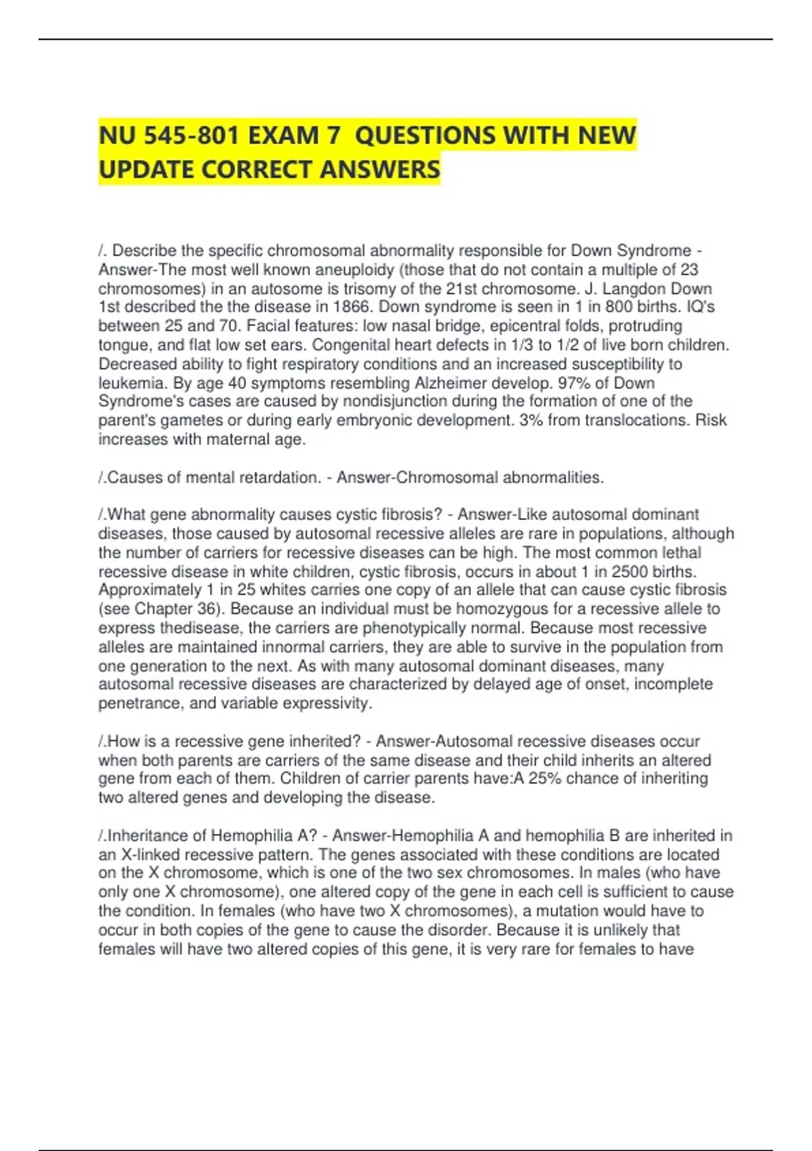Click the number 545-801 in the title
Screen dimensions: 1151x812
191,135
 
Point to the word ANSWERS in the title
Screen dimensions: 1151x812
380,169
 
